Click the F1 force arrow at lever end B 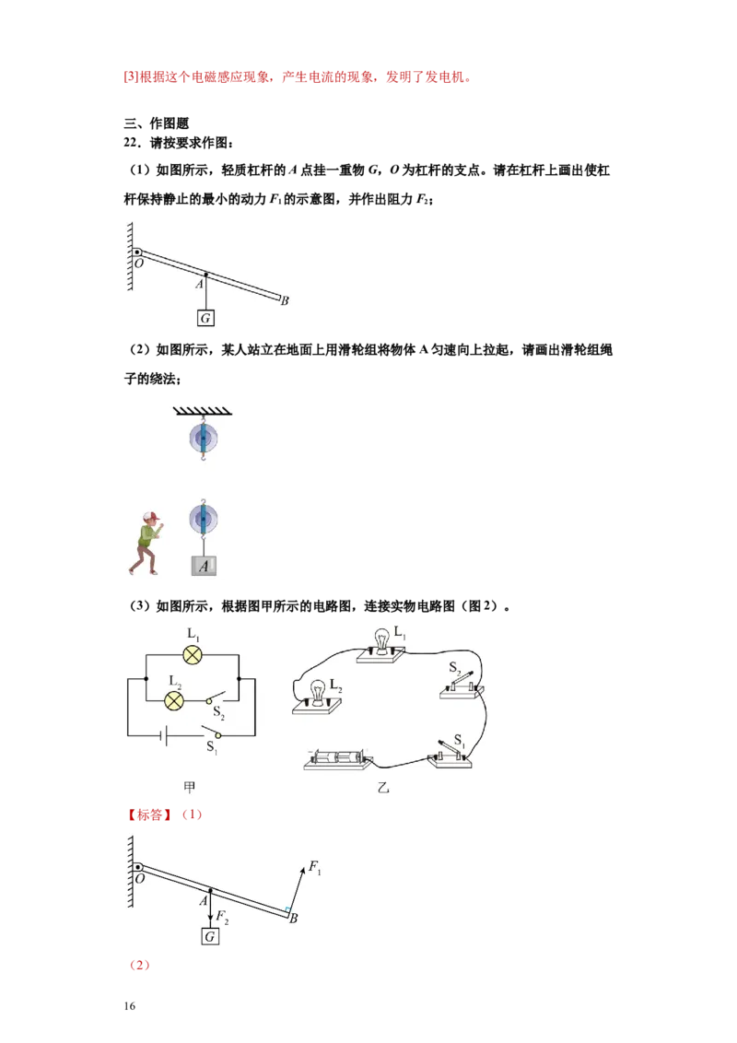296,887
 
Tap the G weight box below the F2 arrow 210,936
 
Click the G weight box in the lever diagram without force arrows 205,318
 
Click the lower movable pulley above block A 203,521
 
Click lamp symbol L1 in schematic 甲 193,654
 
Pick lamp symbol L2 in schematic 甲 172,700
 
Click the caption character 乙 383,788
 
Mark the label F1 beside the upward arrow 315,867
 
